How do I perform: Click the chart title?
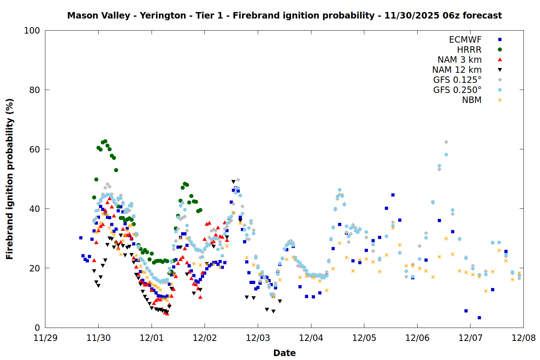click(x=284, y=15)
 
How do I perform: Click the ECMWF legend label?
click(x=465, y=40)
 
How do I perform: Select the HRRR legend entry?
click(x=469, y=50)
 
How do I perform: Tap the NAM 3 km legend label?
click(x=459, y=60)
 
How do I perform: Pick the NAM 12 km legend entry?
click(x=457, y=70)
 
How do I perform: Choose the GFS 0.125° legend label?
click(x=457, y=80)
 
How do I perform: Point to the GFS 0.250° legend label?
click(x=457, y=90)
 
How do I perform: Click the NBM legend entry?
click(x=472, y=100)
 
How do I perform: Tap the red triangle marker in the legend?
click(x=500, y=60)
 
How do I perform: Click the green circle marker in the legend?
click(x=500, y=50)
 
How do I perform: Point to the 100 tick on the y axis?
click(x=32, y=31)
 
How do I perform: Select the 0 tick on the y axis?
click(x=37, y=328)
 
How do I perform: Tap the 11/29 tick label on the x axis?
click(x=45, y=338)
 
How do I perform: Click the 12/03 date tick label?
click(x=258, y=338)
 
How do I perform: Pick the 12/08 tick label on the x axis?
click(x=523, y=338)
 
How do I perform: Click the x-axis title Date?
click(x=284, y=353)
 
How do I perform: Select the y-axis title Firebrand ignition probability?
click(x=10, y=179)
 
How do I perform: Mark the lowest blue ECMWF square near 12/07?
click(x=479, y=318)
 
